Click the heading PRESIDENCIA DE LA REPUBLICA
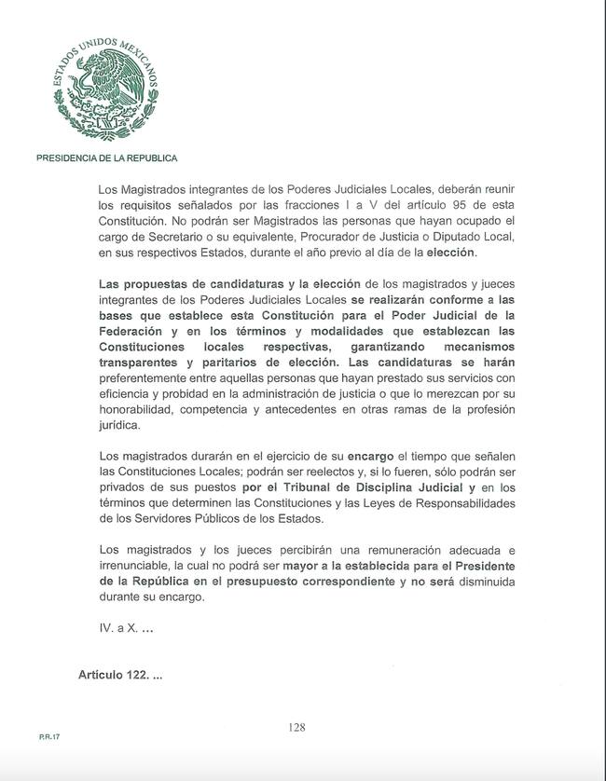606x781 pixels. click(x=106, y=158)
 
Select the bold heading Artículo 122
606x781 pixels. click(x=120, y=673)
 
